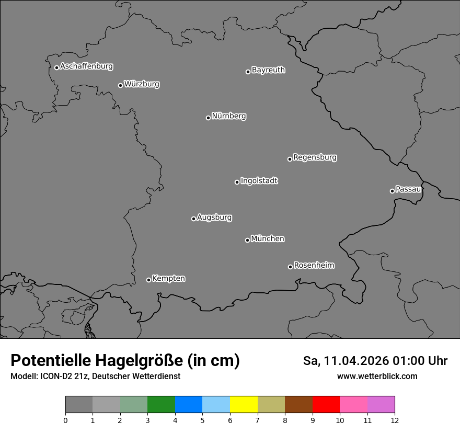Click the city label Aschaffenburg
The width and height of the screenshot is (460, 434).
point(86,66)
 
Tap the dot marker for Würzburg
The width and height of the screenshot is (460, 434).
point(120,85)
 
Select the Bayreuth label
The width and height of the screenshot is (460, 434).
point(268,70)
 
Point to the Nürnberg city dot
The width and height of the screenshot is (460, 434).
point(208,118)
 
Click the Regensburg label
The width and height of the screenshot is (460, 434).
point(315,157)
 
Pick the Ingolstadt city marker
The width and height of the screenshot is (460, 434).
point(237,182)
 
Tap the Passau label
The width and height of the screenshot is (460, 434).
point(408,189)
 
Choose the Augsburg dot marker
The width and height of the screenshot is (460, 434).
point(193,219)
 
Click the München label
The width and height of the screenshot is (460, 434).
point(268,239)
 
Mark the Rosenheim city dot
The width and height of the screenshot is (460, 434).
point(290,267)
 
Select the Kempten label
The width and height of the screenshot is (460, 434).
point(168,279)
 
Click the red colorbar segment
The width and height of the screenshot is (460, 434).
point(326,405)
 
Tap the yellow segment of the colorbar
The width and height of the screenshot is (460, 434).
point(244,405)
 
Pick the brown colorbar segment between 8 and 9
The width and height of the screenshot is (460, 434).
point(298,405)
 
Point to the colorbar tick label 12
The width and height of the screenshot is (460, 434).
point(395,420)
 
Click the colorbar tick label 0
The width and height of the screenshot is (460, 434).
point(65,420)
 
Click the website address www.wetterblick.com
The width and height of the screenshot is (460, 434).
point(377,376)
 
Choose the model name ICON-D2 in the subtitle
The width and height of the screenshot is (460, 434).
point(57,376)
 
